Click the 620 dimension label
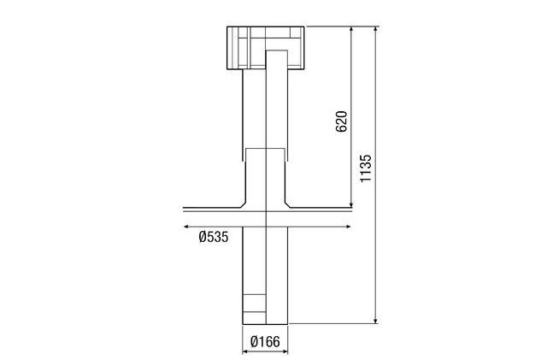click(340, 120)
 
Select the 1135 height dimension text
click(365, 169)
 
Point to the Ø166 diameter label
click(265, 343)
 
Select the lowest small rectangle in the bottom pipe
click(255, 316)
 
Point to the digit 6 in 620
click(340, 128)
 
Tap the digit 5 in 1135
click(365, 158)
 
